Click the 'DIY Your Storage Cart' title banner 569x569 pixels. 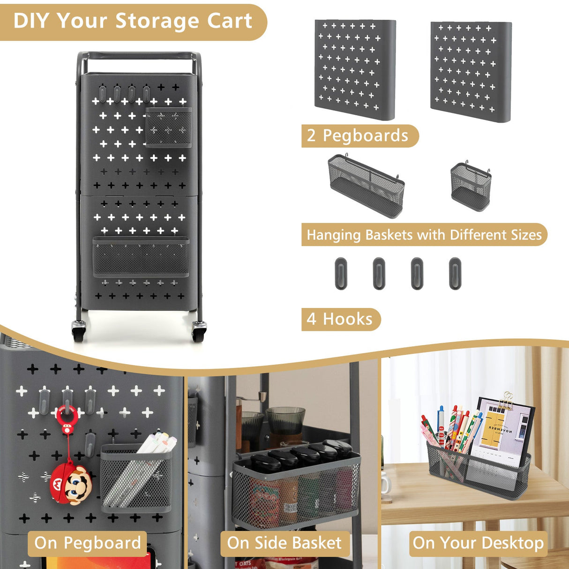(133, 22)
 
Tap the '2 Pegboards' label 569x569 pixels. (358, 136)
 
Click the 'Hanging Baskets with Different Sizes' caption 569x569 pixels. (424, 235)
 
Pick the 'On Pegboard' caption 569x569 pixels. (88, 543)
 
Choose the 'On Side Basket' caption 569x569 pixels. (284, 543)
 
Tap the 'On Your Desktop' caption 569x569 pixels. (478, 543)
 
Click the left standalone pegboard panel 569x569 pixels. (355, 69)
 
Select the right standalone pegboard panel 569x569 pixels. (471, 71)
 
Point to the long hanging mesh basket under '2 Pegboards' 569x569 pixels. (366, 186)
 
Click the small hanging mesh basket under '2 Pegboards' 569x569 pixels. (471, 186)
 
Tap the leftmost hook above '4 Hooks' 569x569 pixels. (341, 273)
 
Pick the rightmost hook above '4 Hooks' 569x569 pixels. (455, 273)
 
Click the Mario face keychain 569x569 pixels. (71, 483)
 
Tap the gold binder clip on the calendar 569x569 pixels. (508, 401)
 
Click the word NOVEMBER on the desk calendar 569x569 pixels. (501, 428)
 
